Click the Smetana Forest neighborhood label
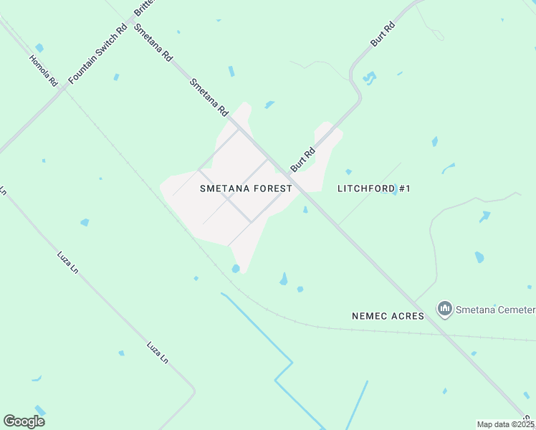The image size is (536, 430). coord(246,188)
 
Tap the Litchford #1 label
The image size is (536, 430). coord(373,188)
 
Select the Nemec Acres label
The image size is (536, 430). coord(388,315)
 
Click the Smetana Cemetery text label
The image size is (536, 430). coord(495,310)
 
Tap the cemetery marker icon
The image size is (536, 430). coord(445,309)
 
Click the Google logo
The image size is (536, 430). coord(24,421)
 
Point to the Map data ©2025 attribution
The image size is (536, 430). coord(506,424)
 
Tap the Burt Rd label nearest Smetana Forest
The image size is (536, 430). coord(303,159)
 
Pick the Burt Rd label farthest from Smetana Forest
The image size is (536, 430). coord(383,34)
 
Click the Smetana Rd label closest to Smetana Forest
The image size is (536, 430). coord(209,97)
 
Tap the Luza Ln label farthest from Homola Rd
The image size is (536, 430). coord(157,353)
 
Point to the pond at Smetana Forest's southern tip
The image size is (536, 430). coord(236,269)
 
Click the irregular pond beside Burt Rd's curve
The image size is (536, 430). coord(370,77)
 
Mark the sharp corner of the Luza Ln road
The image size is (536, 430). coord(193,391)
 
